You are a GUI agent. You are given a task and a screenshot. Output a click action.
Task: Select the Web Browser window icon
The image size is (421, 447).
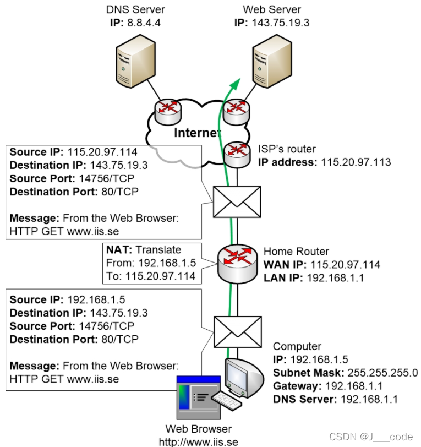(x=196, y=396)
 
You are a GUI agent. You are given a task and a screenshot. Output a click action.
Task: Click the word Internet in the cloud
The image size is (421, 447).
(x=198, y=133)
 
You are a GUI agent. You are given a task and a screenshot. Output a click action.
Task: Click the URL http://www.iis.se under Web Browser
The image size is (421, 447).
(x=198, y=441)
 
